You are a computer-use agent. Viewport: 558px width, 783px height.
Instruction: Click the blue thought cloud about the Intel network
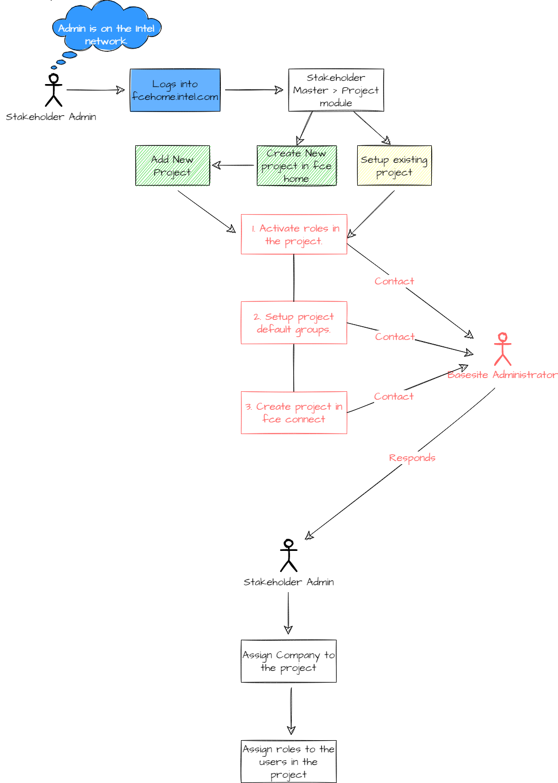pyautogui.click(x=106, y=26)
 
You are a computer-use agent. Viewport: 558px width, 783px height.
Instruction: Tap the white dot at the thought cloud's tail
pyautogui.click(x=53, y=79)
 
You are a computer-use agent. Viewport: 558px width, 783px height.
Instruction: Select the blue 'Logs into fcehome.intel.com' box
pyautogui.click(x=175, y=90)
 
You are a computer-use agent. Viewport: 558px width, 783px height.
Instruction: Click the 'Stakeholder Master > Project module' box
pyautogui.click(x=336, y=90)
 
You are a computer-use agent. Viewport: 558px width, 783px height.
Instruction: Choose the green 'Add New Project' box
pyautogui.click(x=173, y=165)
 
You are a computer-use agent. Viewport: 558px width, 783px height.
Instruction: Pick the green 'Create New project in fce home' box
pyautogui.click(x=297, y=165)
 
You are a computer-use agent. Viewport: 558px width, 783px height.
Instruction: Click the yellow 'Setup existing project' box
pyautogui.click(x=395, y=165)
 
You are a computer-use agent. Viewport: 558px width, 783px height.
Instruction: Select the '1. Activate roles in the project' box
pyautogui.click(x=294, y=234)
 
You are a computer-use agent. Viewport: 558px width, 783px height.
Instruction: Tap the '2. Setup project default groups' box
pyautogui.click(x=294, y=323)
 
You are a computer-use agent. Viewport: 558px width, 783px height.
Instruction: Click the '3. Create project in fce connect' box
pyautogui.click(x=294, y=412)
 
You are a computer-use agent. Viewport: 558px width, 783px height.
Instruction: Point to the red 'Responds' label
pyautogui.click(x=412, y=458)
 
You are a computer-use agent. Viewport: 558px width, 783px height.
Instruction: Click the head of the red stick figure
pyautogui.click(x=503, y=337)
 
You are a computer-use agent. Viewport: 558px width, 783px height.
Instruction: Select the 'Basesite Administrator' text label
pyautogui.click(x=502, y=375)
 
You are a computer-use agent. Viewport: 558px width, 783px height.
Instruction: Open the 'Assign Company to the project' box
pyautogui.click(x=289, y=661)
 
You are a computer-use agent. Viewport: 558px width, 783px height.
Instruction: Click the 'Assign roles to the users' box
pyautogui.click(x=289, y=761)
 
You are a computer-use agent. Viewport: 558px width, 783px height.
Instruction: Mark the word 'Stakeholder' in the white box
pyautogui.click(x=336, y=78)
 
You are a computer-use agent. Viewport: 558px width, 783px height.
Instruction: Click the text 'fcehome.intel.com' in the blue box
pyautogui.click(x=175, y=97)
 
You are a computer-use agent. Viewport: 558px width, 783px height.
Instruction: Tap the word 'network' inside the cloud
pyautogui.click(x=106, y=41)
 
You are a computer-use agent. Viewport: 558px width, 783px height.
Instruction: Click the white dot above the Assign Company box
pyautogui.click(x=289, y=544)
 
